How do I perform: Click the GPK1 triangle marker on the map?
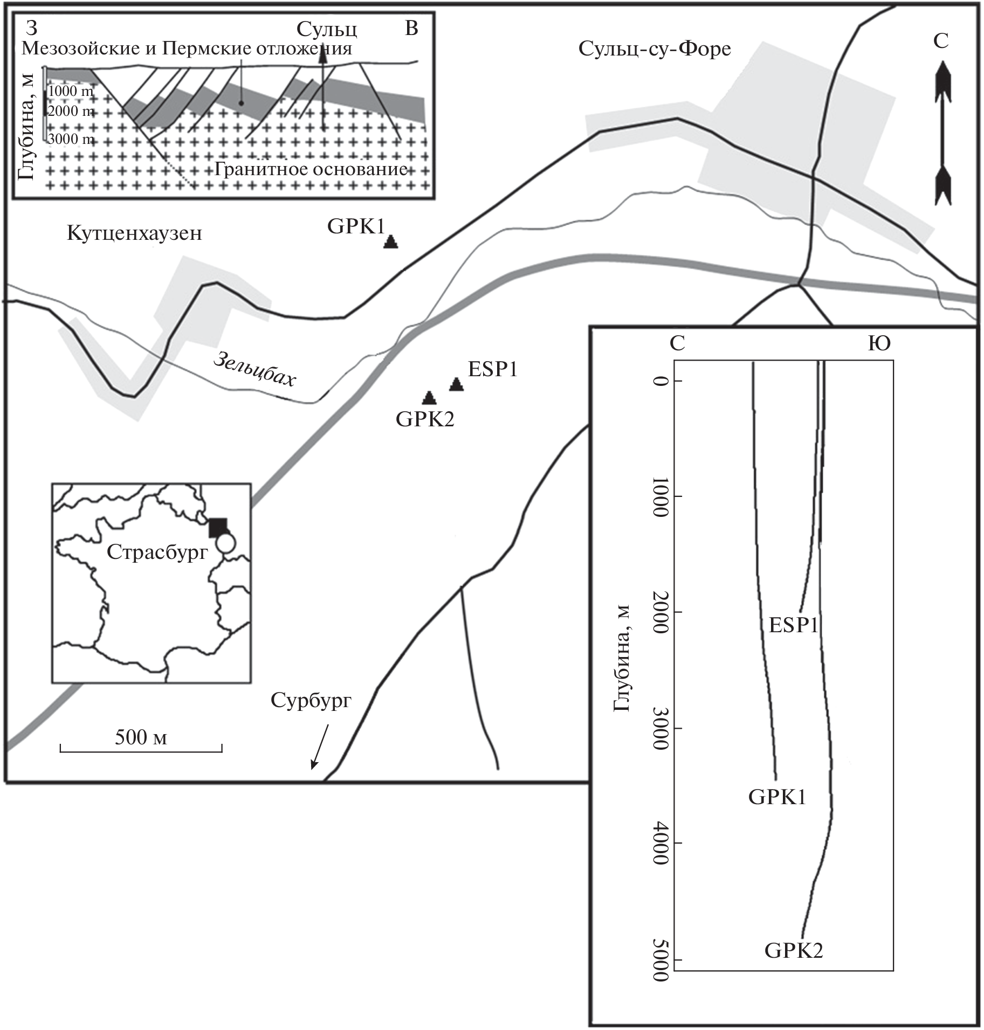[x=391, y=242]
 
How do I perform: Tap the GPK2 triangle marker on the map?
[x=429, y=398]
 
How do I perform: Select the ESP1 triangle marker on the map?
[x=457, y=384]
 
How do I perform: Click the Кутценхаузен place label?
[x=134, y=233]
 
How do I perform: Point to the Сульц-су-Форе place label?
[x=655, y=49]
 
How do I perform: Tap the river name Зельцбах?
[x=254, y=370]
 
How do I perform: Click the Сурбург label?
[x=311, y=700]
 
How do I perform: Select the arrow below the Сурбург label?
[x=319, y=746]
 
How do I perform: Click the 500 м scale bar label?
[x=141, y=737]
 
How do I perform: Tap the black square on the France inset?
[x=218, y=527]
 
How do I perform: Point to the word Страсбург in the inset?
[x=157, y=552]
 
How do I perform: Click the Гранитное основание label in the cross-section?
[x=311, y=170]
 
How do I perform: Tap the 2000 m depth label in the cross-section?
[x=71, y=111]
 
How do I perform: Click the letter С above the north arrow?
[x=941, y=41]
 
